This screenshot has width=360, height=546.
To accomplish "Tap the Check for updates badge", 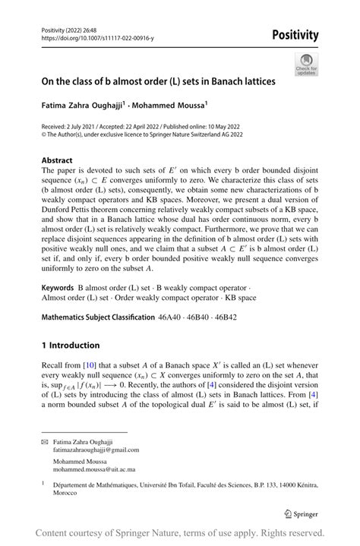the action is click(x=308, y=64).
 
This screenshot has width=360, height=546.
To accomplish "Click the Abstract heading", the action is click(x=58, y=161).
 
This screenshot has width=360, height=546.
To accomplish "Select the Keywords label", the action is click(x=57, y=289).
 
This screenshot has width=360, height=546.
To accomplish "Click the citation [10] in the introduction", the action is click(x=90, y=366).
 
